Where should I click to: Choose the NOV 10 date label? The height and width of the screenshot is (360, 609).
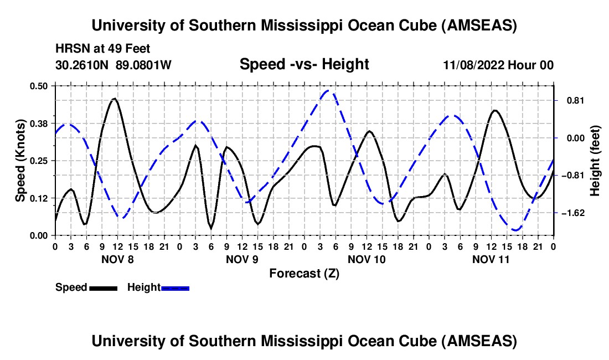pyautogui.click(x=366, y=259)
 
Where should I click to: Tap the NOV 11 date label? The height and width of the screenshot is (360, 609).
pyautogui.click(x=491, y=259)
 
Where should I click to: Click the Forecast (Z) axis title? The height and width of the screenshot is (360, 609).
pyautogui.click(x=304, y=273)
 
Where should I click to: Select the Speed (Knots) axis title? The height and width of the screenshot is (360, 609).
pyautogui.click(x=20, y=161)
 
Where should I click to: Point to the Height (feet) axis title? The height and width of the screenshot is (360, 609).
pyautogui.click(x=595, y=161)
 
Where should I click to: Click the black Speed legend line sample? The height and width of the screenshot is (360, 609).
pyautogui.click(x=103, y=287)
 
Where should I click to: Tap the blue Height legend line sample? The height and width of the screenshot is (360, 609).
pyautogui.click(x=175, y=287)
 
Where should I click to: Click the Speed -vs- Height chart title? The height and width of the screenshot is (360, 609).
pyautogui.click(x=304, y=65)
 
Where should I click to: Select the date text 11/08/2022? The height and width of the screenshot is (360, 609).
pyautogui.click(x=473, y=65)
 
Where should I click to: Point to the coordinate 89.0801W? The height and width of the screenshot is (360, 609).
pyautogui.click(x=144, y=65)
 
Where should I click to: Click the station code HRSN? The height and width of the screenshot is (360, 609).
pyautogui.click(x=70, y=49)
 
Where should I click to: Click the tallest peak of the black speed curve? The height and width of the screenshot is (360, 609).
pyautogui.click(x=115, y=99)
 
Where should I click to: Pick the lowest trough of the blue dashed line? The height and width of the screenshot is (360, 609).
pyautogui.click(x=516, y=230)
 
